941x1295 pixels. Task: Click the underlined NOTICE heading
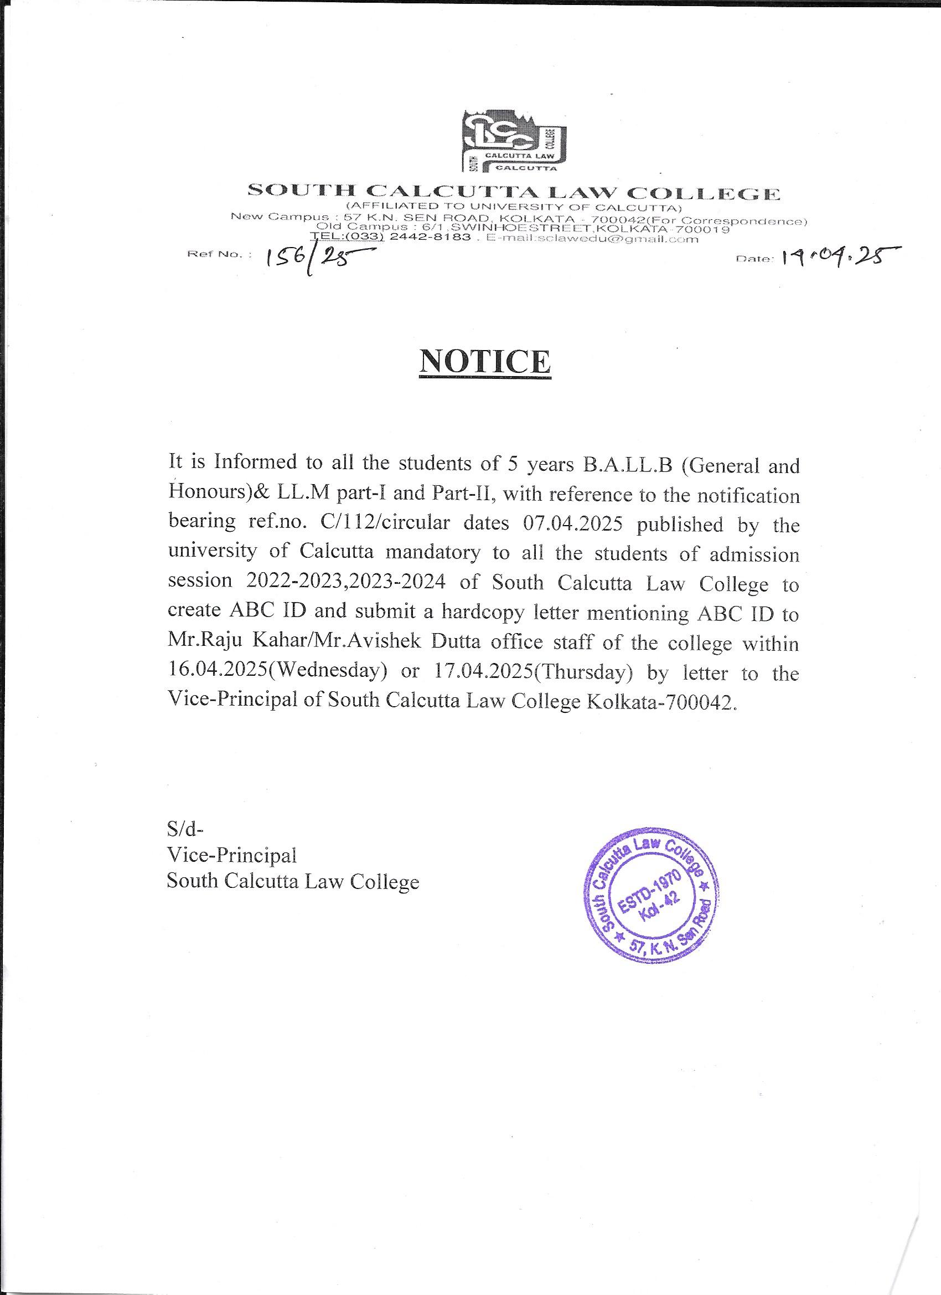tap(485, 362)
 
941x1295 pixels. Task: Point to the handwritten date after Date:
tap(836, 259)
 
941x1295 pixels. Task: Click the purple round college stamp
tap(649, 904)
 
